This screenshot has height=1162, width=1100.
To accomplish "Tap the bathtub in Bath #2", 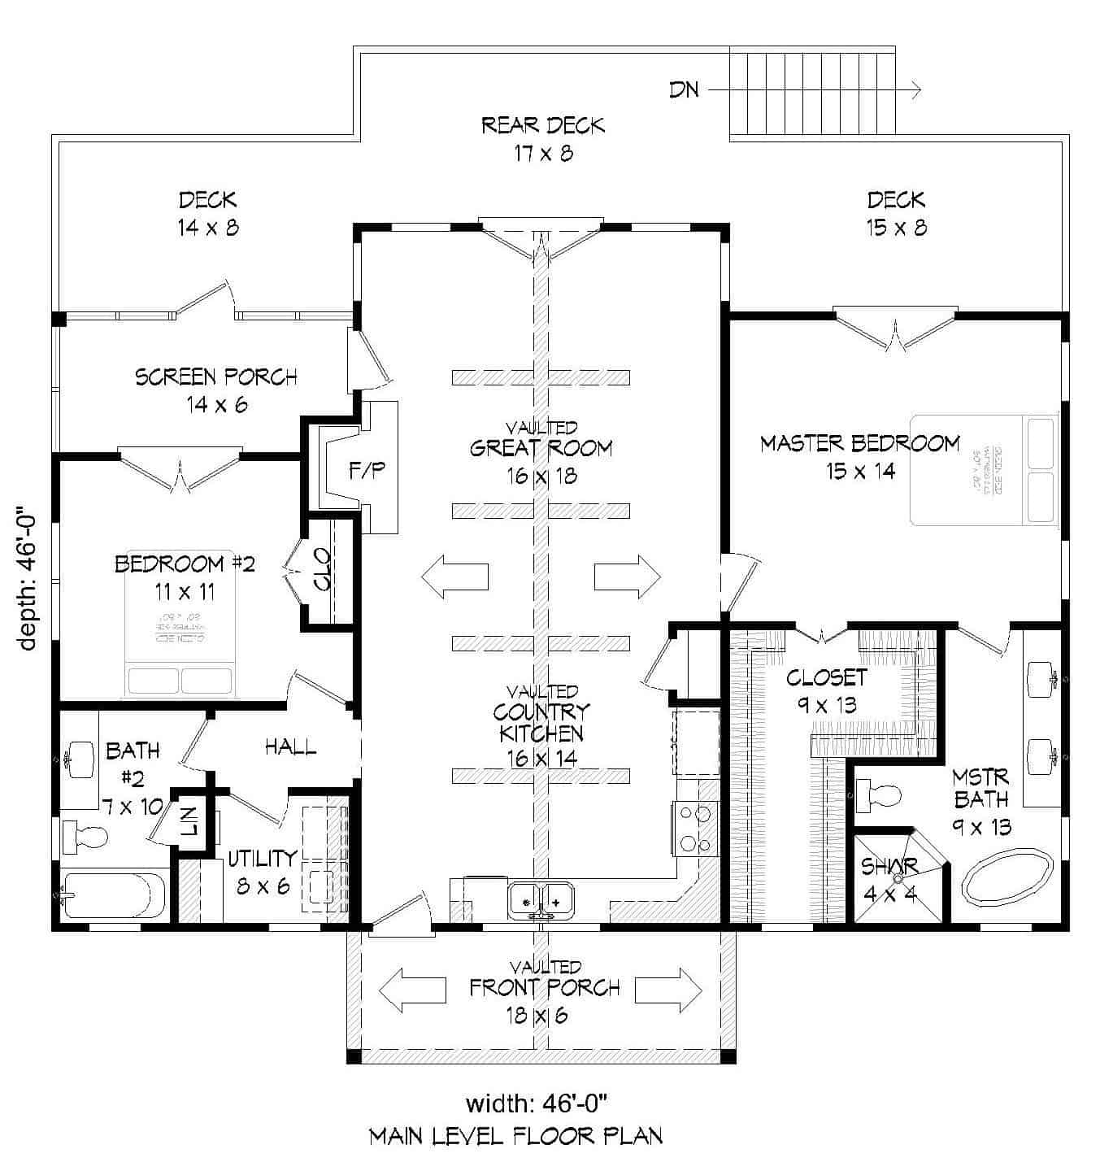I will pos(112,894).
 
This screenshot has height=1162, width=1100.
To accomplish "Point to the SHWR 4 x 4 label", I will pos(890,880).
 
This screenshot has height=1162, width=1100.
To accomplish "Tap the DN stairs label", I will pos(684,89).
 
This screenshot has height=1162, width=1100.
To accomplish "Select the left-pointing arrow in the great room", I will pos(454,577).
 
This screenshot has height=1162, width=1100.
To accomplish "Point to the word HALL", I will pos(290,746).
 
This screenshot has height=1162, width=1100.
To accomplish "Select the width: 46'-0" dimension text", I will pos(537,1103).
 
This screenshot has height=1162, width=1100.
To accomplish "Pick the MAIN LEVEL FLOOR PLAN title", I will pos(515,1136).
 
